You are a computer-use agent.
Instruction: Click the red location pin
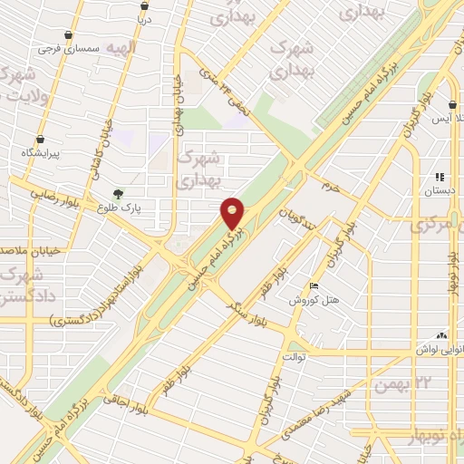point(233,213)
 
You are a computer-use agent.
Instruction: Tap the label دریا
point(142,18)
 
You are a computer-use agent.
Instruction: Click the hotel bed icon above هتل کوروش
point(314,286)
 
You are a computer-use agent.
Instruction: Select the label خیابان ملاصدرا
point(25,248)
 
